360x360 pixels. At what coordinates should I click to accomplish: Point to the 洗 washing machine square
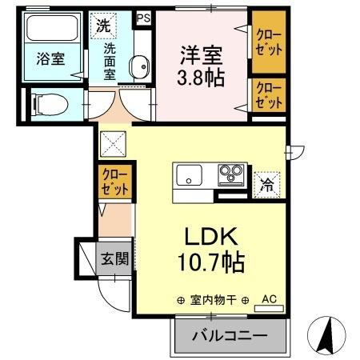click(x=103, y=25)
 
